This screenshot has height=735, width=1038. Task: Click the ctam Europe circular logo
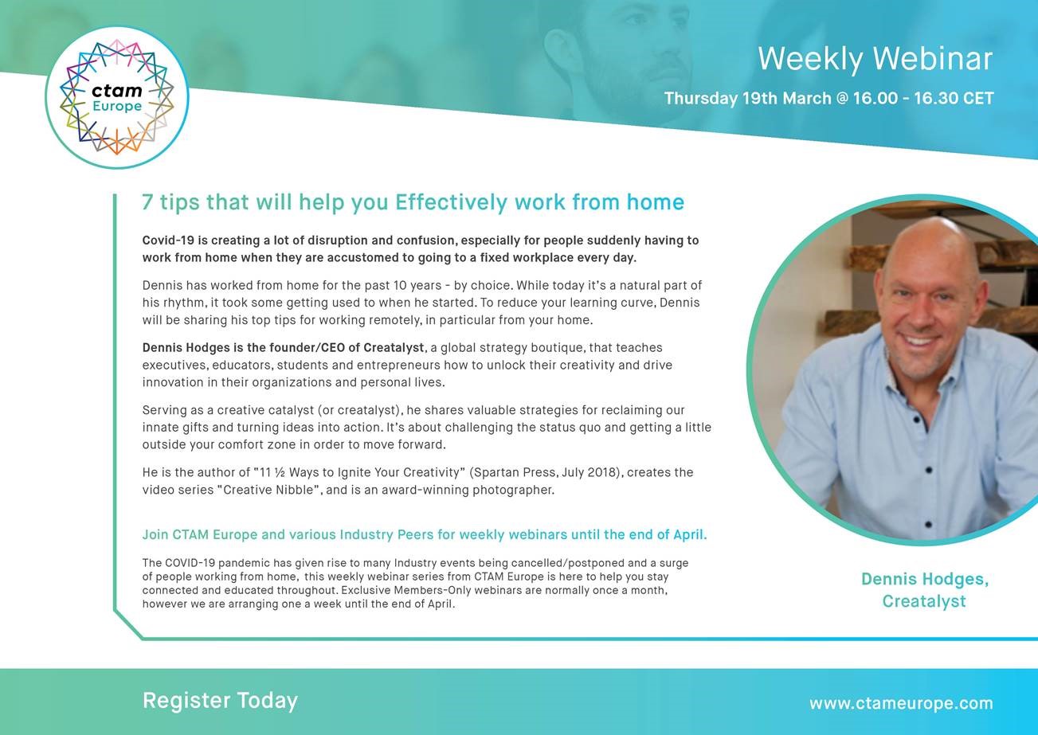(117, 97)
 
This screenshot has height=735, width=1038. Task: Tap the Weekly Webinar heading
(875, 59)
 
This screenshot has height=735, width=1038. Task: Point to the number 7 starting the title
(147, 202)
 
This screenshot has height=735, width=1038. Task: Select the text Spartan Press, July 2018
(546, 472)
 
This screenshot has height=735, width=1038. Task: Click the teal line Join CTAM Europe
(425, 535)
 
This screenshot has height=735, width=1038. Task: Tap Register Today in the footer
(220, 701)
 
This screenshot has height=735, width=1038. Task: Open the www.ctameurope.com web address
(901, 703)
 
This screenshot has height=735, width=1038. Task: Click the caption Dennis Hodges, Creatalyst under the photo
(924, 590)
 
